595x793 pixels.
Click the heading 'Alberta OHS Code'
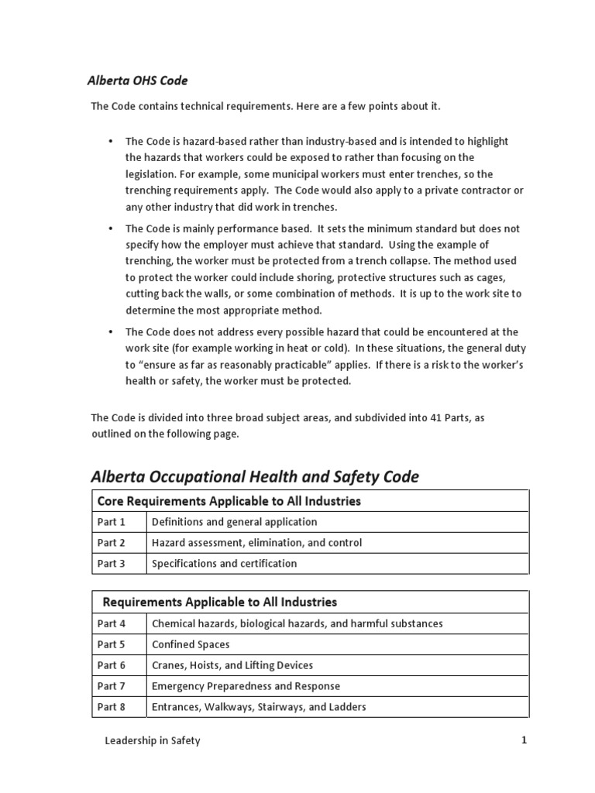[136, 81]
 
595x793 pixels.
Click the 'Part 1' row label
[111, 522]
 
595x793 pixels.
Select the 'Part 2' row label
[111, 543]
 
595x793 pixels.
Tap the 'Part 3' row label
[111, 564]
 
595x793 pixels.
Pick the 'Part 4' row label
[111, 623]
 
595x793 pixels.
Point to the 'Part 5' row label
[111, 644]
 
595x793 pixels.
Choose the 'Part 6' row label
[111, 665]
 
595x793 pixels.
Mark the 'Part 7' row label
[111, 686]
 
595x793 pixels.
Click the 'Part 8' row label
[111, 707]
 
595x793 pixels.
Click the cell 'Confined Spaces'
[191, 644]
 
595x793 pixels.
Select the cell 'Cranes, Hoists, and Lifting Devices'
[232, 665]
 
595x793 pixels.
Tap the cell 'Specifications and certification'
[224, 564]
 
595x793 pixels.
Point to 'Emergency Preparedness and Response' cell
[246, 686]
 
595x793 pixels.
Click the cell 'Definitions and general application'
[234, 522]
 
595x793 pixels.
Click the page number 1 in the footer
[524, 740]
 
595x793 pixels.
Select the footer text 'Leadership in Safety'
[153, 741]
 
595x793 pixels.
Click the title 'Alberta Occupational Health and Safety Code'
[255, 477]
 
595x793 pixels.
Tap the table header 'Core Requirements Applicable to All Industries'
[229, 501]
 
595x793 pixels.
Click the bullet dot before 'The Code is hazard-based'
[111, 142]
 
